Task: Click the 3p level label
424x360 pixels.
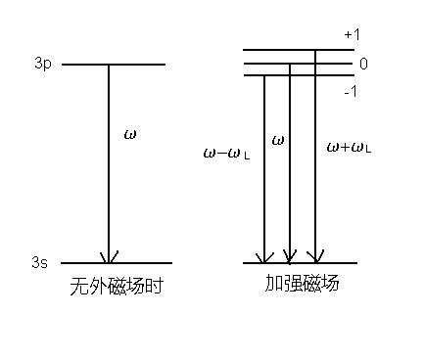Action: (40, 65)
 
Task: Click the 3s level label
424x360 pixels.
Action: (40, 262)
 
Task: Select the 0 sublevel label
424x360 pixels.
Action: (363, 64)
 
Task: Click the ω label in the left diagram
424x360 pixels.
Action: (129, 132)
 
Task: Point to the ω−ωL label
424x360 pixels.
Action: (227, 153)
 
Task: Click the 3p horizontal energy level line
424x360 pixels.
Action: (113, 65)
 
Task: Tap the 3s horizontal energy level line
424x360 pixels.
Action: (115, 263)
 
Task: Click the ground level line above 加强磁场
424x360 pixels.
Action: (300, 263)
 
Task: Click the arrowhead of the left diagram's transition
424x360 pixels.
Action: (108, 256)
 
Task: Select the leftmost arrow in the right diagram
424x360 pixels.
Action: (264, 166)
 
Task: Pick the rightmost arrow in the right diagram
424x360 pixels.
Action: (315, 157)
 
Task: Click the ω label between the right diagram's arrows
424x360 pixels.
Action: (278, 141)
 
